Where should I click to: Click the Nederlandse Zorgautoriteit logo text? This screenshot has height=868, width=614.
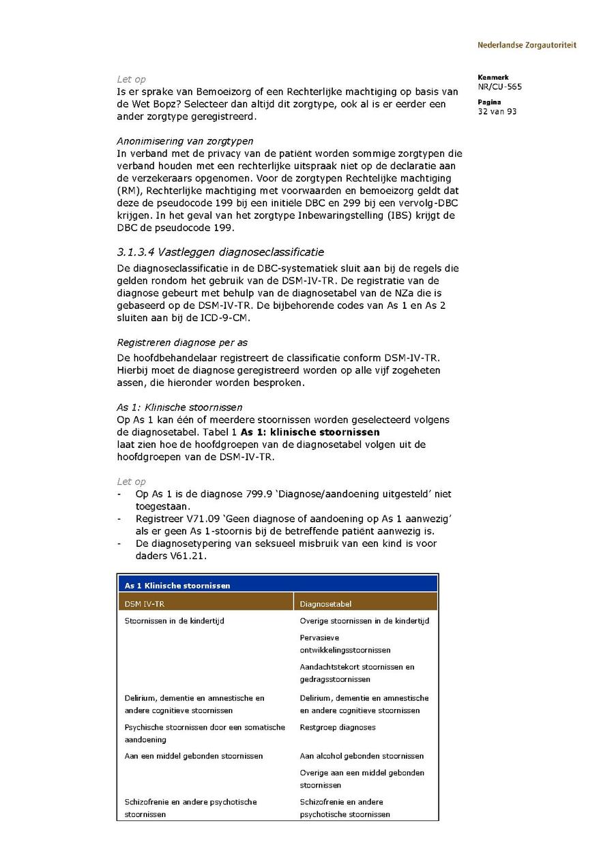coord(527,45)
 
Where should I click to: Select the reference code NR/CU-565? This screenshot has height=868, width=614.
coord(500,87)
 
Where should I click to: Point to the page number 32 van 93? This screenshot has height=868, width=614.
coord(497,111)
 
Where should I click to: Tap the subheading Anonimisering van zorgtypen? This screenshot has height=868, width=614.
coord(185,141)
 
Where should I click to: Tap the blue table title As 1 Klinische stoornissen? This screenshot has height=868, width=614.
coord(177,585)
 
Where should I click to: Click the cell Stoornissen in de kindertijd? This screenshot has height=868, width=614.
coord(175,621)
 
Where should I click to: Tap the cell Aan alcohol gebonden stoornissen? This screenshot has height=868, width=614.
coord(362,756)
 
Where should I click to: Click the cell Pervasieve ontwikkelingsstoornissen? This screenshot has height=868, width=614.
coord(345,644)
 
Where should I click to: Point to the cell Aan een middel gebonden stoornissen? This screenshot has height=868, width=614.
coord(194,756)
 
